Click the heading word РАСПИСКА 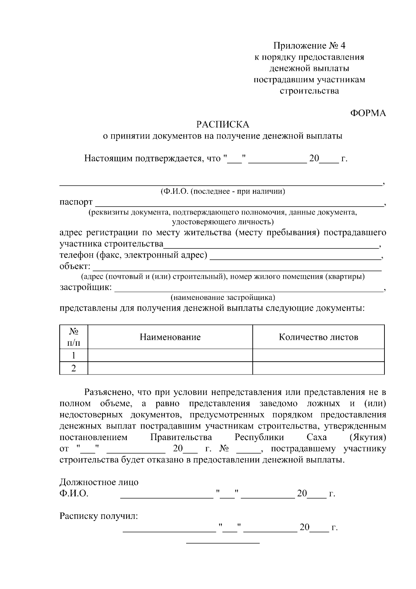click(223, 124)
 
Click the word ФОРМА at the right click(368, 113)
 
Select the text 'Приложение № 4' click(309, 46)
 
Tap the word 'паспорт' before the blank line click(76, 202)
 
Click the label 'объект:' click(75, 267)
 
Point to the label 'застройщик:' click(86, 287)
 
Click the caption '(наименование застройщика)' click(223, 297)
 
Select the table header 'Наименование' click(170, 337)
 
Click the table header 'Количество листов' click(318, 337)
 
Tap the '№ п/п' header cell click(73, 337)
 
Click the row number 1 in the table click(73, 355)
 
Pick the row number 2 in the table click(73, 368)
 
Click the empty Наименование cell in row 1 click(170, 355)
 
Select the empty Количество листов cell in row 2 click(318, 368)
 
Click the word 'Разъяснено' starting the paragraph click(107, 393)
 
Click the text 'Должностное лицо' click(99, 482)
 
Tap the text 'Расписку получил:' click(99, 516)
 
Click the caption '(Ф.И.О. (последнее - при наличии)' click(223, 191)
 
